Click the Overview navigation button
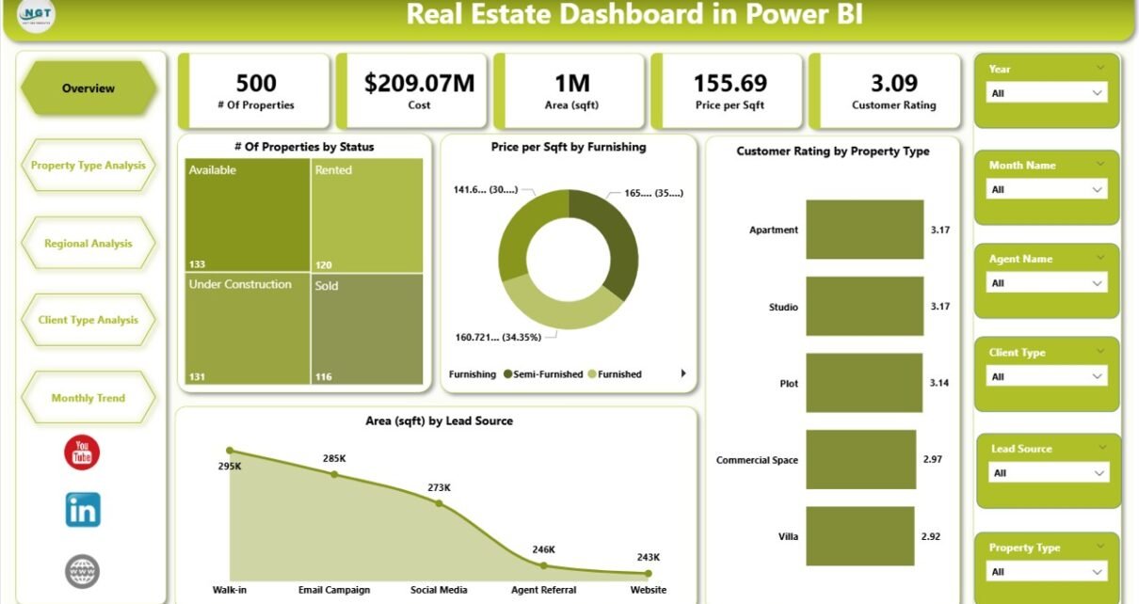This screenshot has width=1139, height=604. click(x=88, y=88)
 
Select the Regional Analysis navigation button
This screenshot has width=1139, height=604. click(x=88, y=244)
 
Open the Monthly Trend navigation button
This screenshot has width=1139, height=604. click(x=88, y=398)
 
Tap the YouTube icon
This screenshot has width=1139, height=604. click(x=82, y=453)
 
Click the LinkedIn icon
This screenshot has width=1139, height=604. click(x=83, y=510)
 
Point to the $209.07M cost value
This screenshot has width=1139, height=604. click(x=419, y=84)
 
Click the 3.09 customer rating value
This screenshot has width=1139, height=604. click(x=893, y=84)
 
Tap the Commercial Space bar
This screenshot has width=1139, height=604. click(x=861, y=459)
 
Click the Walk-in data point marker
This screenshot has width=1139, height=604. click(x=230, y=452)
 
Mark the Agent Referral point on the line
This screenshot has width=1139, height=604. click(x=543, y=565)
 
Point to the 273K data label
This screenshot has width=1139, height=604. click(x=439, y=487)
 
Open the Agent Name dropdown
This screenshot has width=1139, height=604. click(x=1047, y=283)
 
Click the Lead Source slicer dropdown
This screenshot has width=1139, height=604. click(x=1050, y=473)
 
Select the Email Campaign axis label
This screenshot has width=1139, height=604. click(x=334, y=590)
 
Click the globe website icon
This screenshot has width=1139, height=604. click(x=82, y=571)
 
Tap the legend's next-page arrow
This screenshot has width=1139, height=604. click(x=683, y=374)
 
